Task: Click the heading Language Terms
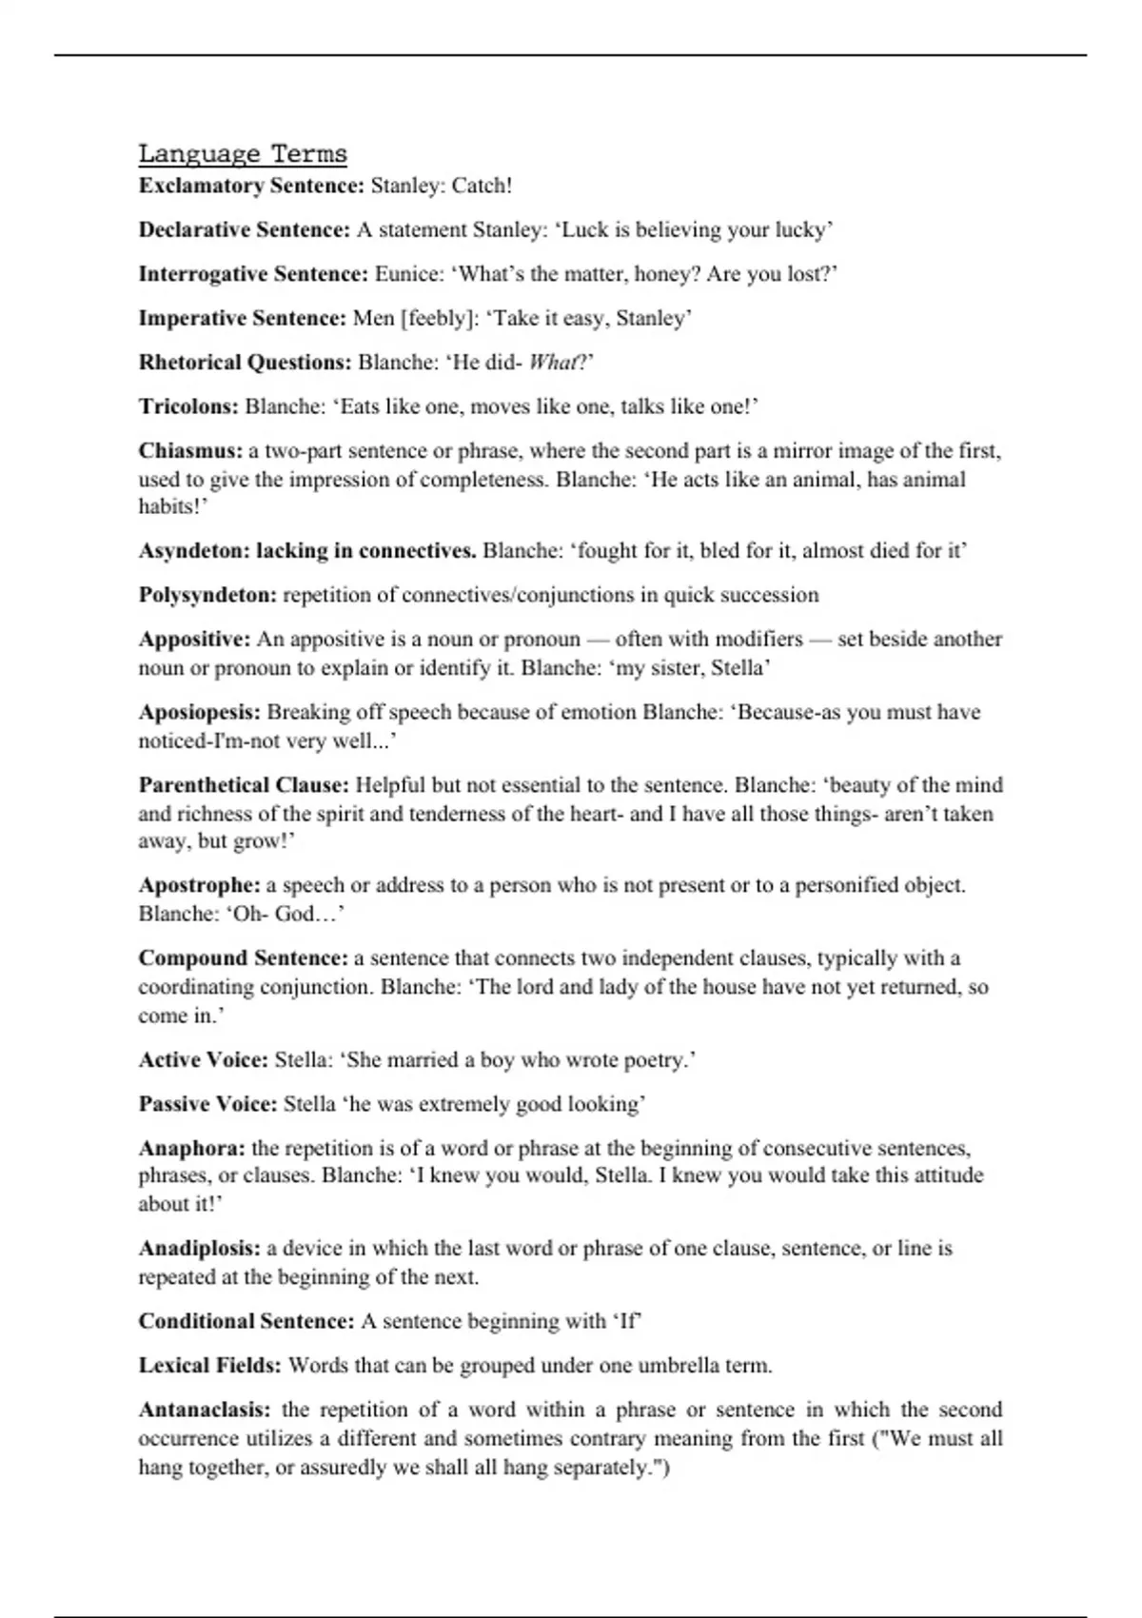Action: coord(243,154)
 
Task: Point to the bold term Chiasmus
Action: coord(190,450)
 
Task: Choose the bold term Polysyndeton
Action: coord(207,595)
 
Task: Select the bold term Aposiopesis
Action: coord(199,712)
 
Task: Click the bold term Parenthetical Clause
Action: coord(244,785)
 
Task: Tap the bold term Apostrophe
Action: coord(199,885)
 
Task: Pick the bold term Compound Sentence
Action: coord(243,957)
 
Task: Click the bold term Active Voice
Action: coord(203,1059)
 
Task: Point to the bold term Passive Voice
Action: coord(207,1104)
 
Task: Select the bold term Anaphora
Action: coord(191,1148)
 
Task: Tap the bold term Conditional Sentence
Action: coord(246,1321)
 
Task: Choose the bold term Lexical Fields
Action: coord(209,1366)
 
